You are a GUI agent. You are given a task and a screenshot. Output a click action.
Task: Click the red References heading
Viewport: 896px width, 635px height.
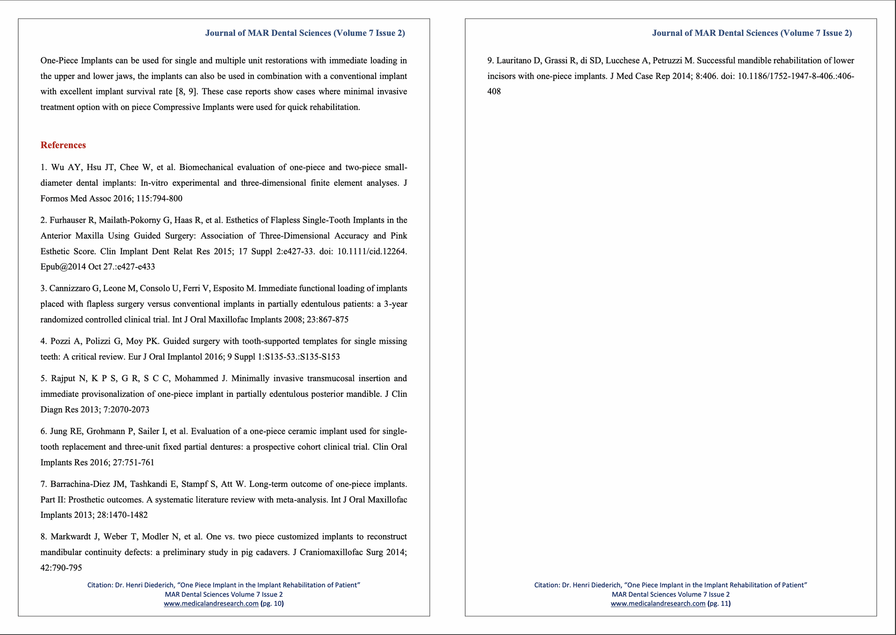coord(63,145)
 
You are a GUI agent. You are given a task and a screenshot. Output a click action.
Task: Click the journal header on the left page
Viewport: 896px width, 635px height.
coord(305,33)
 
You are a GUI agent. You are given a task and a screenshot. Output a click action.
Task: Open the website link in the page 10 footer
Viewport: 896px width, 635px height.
coord(211,603)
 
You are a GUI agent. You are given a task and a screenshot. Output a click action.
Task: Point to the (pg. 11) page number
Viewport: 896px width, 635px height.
coord(719,603)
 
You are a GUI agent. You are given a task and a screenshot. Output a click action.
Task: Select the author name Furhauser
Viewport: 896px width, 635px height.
coord(68,220)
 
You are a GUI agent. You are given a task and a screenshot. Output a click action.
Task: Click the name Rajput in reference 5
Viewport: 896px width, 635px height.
coord(64,378)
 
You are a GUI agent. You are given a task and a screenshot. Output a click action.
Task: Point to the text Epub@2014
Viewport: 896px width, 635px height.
coord(61,267)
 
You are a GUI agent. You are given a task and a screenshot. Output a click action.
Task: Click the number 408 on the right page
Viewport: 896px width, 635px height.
coord(494,92)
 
